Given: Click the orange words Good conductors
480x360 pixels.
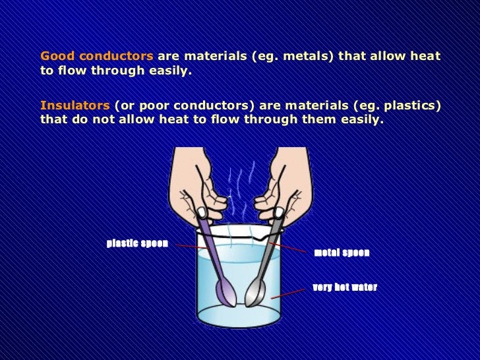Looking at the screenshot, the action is coord(97,56).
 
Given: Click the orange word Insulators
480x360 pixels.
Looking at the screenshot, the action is coord(75,105).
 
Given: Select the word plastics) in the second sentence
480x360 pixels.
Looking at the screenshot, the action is coord(413,106).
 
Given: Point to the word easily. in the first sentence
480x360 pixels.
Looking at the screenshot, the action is coord(171,71).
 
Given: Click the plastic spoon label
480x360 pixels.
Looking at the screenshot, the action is coord(137,243).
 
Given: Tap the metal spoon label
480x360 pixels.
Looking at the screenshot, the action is coord(342,253).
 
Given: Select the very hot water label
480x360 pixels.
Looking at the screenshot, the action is coord(345,287).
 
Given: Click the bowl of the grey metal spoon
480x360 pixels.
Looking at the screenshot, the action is coord(255,293).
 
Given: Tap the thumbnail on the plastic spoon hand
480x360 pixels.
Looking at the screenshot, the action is coord(202,212).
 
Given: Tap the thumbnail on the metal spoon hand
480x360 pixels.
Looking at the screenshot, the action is coord(279,212).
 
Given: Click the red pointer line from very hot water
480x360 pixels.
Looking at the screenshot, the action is coord(287,293).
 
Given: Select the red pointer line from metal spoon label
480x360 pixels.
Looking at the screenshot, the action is coord(287,247).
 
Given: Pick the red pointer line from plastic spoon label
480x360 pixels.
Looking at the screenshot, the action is coord(193,247).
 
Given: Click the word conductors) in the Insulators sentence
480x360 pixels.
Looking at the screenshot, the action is coord(214,106).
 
